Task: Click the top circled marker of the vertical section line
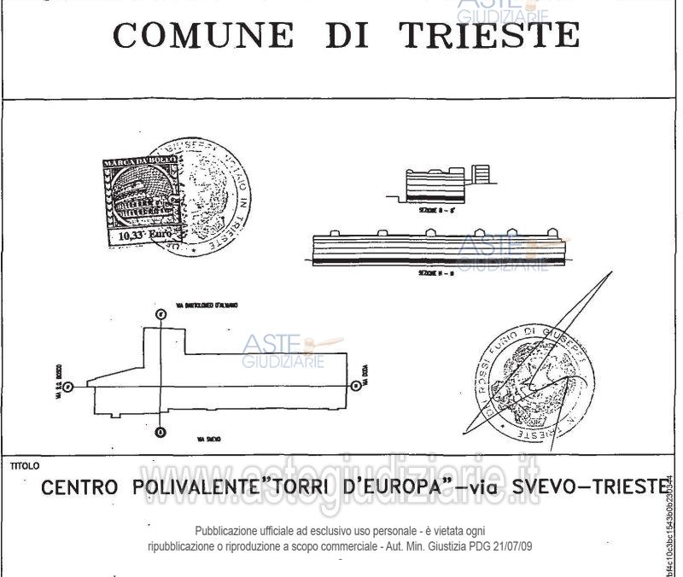click(161, 314)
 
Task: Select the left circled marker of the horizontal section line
click(69, 387)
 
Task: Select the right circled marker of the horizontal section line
click(353, 386)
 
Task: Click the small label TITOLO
click(24, 467)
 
